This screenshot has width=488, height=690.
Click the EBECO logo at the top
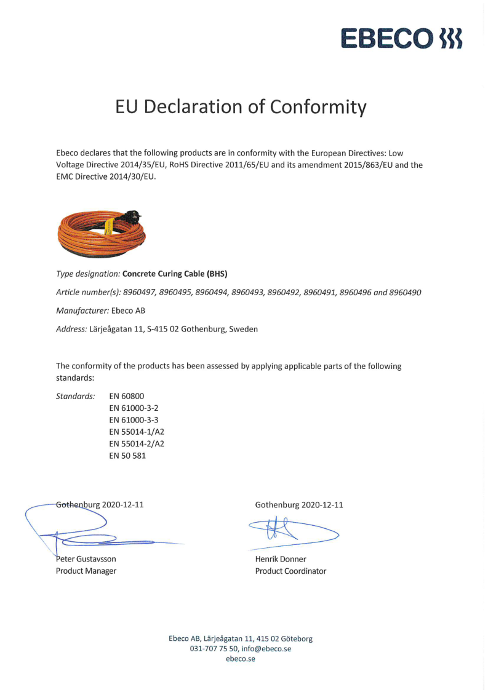click(402, 38)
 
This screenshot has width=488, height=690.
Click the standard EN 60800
click(126, 396)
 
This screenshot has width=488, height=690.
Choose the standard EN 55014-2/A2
click(137, 443)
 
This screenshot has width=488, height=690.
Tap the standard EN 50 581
click(127, 456)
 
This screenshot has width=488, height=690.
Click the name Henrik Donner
click(281, 559)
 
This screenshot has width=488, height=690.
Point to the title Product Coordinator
click(290, 571)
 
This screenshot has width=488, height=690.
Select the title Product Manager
click(86, 571)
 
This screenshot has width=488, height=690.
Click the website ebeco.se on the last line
click(241, 659)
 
